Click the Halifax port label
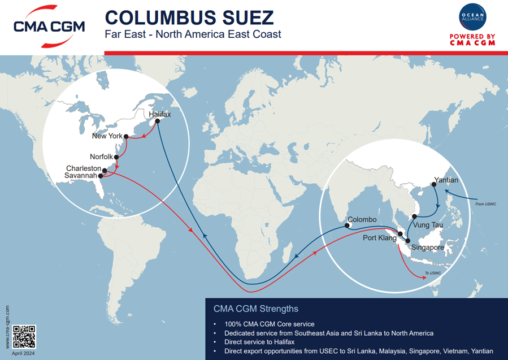pyautogui.click(x=159, y=114)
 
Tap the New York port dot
pyautogui.click(x=127, y=136)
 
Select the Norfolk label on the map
pyautogui.click(x=102, y=157)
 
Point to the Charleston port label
pyautogui.click(x=84, y=168)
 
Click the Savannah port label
pyautogui.click(x=81, y=176)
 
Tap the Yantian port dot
pyautogui.click(x=433, y=184)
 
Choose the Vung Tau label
pyautogui.click(x=428, y=225)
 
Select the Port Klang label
pyautogui.click(x=380, y=237)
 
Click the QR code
pyautogui.click(x=24, y=337)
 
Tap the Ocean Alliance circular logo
pyautogui.click(x=473, y=19)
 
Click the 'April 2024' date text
pyautogui.click(x=24, y=353)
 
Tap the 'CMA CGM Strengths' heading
pyautogui.click(x=255, y=309)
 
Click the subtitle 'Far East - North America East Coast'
pyautogui.click(x=193, y=34)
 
